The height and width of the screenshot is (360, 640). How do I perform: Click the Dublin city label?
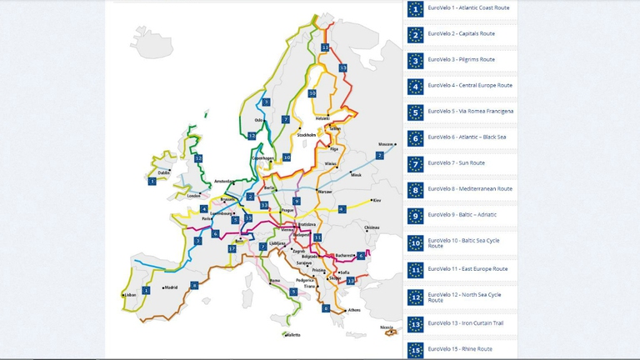coord(163,173)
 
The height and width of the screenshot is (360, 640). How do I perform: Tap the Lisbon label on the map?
coord(129,295)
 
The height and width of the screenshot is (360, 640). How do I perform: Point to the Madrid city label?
coord(171,287)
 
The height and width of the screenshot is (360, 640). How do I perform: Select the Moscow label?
coord(385,143)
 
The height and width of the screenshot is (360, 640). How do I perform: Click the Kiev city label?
coord(376,200)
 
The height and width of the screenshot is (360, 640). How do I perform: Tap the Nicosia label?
coord(386,327)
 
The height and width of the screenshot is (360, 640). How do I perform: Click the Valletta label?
coord(292,335)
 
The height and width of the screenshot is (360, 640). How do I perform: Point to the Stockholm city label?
coord(306,134)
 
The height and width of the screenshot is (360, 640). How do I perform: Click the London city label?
coord(194,196)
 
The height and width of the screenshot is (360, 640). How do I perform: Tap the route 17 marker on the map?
coord(232,248)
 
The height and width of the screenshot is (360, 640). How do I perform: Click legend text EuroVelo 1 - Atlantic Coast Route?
coord(468,8)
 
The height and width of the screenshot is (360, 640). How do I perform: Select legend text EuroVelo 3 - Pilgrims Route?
coord(461,60)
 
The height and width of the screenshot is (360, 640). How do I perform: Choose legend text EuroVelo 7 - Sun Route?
coord(456,163)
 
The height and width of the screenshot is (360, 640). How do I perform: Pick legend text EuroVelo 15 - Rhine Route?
coord(459,349)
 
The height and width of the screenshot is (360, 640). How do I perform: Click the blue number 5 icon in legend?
coord(415,112)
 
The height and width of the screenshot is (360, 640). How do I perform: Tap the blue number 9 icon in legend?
coord(415,215)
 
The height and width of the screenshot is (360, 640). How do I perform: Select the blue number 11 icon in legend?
coord(415,270)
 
